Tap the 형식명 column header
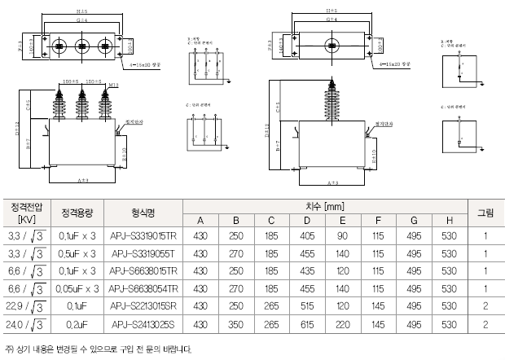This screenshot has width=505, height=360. coord(143,213)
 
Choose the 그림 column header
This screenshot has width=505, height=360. coord(485,213)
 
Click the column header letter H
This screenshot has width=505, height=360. coord(449,220)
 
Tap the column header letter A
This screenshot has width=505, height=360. coord(200,220)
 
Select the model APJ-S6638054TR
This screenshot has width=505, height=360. coord(143,288)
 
